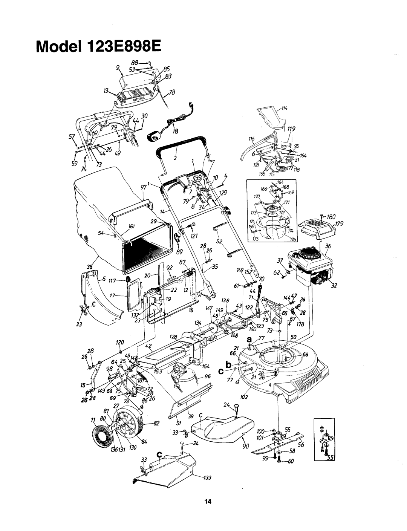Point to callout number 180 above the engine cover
(331, 217)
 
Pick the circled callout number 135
(197, 178)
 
